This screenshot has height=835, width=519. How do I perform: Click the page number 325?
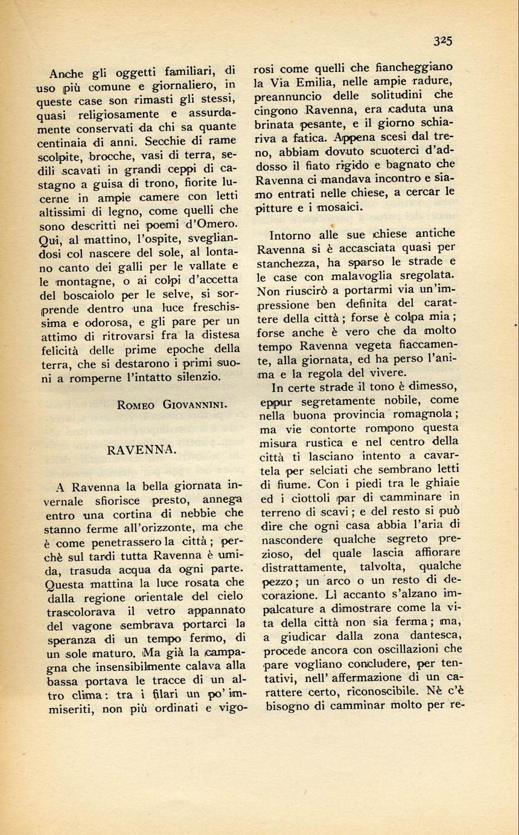[442, 41]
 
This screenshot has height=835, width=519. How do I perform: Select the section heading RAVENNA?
[141, 450]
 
